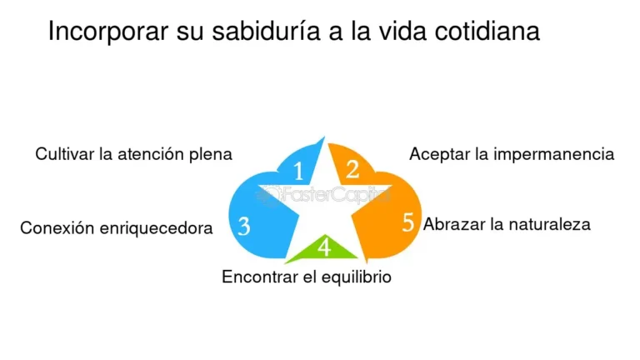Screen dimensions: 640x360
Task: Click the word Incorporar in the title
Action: pos(108,32)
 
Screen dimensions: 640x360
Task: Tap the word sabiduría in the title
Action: pos(266,31)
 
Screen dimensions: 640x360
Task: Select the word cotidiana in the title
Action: pos(487,31)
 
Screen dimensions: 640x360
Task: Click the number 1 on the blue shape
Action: pos(299,171)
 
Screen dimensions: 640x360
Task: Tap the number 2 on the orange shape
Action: pos(352,169)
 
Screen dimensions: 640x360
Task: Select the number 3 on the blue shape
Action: pos(243,226)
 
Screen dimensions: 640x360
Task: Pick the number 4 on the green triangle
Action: pos(324,247)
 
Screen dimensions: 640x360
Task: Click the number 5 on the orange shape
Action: pos(408,222)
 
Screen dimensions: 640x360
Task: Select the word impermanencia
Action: pos(553,155)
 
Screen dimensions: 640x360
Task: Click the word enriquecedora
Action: pos(156,228)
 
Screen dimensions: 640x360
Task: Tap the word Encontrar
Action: pos(260,277)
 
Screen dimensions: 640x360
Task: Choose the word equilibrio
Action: pos(357,277)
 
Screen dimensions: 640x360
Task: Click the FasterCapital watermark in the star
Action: pos(323,195)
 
